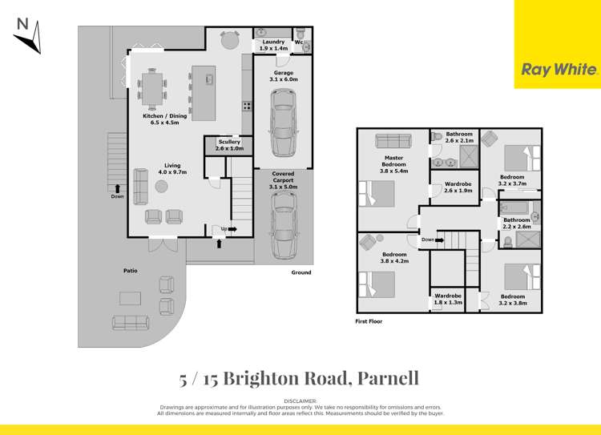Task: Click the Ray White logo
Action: pos(559,69)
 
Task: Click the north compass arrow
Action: pos(26,36)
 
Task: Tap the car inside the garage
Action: pos(284,124)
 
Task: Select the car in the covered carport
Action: pos(284,228)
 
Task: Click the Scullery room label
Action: pos(229,145)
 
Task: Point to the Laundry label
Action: pos(274,45)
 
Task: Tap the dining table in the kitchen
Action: pos(151,85)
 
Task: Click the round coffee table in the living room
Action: pos(161,187)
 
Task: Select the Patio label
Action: pos(130,271)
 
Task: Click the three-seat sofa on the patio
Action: pos(130,322)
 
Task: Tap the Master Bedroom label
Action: pos(393,164)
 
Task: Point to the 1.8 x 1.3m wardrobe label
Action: pos(448,299)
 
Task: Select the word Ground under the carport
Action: pos(301,272)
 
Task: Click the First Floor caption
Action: pos(369,321)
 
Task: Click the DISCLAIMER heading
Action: pos(300,400)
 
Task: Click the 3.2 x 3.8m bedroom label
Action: pos(512,300)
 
